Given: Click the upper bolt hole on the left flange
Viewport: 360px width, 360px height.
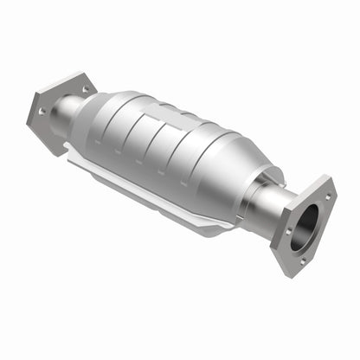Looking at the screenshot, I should (85, 87).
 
